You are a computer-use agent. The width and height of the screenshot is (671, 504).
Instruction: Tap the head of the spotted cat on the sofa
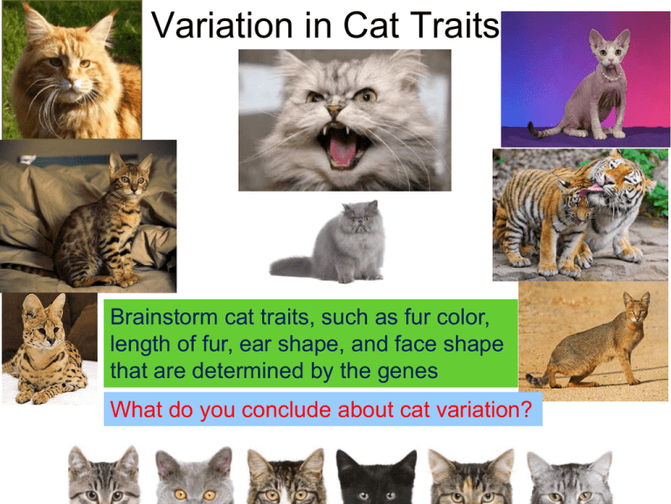pyautogui.click(x=129, y=179)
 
